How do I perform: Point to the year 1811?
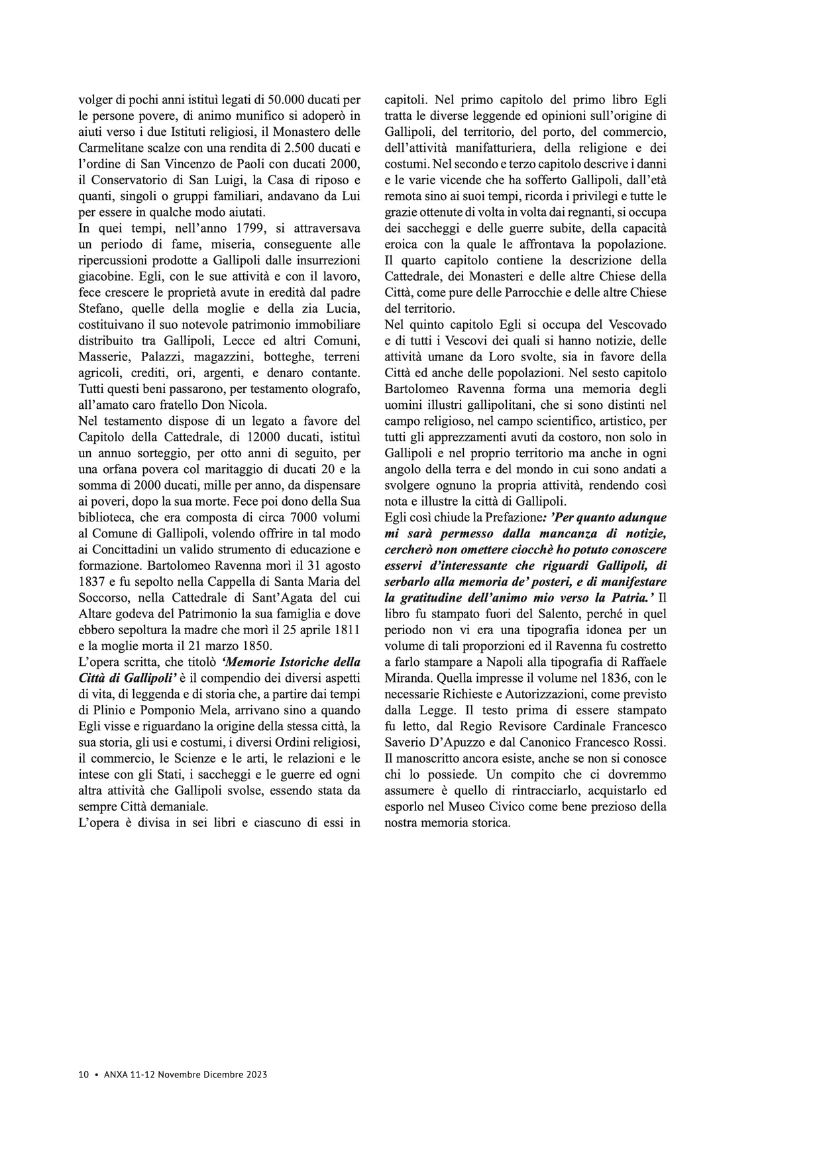click(x=346, y=630)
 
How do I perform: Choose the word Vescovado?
click(x=637, y=325)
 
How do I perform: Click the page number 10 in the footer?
click(x=83, y=1075)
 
